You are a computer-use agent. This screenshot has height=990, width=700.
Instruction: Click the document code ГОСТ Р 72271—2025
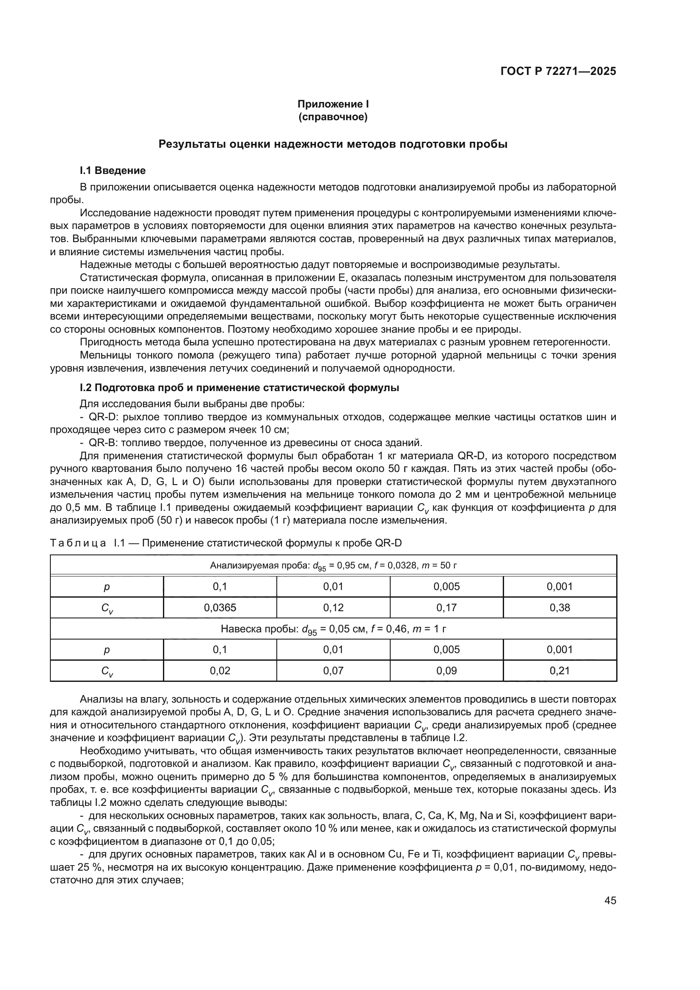click(558, 72)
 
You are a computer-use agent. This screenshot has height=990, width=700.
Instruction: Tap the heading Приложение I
click(333, 104)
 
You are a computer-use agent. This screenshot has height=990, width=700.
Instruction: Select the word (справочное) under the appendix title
click(333, 117)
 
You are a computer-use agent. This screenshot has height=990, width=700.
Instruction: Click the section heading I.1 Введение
click(113, 170)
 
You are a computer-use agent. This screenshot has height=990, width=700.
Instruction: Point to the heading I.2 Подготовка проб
click(239, 388)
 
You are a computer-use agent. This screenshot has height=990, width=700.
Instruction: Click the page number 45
click(610, 900)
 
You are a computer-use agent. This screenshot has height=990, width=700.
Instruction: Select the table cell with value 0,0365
click(220, 607)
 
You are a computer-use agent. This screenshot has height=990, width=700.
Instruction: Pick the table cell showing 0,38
click(559, 607)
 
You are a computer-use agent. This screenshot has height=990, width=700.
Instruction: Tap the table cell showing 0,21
click(559, 670)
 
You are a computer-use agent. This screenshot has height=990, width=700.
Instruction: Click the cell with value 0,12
click(333, 607)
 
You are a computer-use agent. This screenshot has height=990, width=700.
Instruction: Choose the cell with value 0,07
click(333, 670)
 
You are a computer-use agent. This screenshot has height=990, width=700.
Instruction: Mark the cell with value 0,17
click(446, 607)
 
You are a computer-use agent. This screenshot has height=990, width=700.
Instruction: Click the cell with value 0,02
click(220, 670)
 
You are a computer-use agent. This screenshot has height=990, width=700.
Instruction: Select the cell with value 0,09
click(446, 670)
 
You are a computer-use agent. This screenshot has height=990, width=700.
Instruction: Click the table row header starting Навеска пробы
click(333, 629)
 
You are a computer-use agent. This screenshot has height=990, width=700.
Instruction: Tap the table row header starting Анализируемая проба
click(333, 565)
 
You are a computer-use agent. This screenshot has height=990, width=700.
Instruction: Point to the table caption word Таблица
click(78, 543)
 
